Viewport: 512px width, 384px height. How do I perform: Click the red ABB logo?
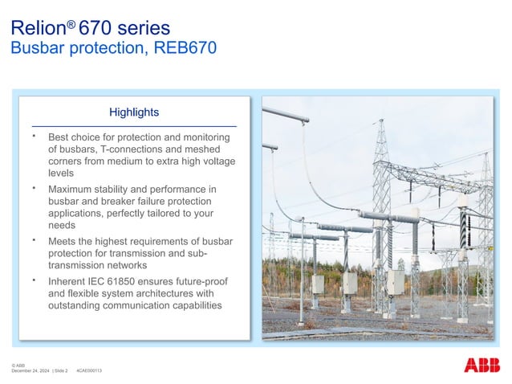pyautogui.click(x=482, y=365)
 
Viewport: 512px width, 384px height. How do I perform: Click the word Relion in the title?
pyautogui.click(x=37, y=29)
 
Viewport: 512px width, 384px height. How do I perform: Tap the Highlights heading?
pyautogui.click(x=134, y=112)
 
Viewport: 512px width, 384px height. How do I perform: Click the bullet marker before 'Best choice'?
pyautogui.click(x=35, y=137)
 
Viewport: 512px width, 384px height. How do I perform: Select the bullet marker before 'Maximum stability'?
pyautogui.click(x=35, y=188)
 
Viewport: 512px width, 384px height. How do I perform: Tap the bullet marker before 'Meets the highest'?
pyautogui.click(x=35, y=239)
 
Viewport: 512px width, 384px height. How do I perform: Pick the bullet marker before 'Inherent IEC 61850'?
pyautogui.click(x=35, y=280)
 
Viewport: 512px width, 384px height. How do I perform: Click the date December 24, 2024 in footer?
pyautogui.click(x=30, y=370)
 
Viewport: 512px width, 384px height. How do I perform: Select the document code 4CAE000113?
pyautogui.click(x=88, y=370)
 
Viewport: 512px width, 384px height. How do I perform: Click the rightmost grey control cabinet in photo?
pyautogui.click(x=396, y=281)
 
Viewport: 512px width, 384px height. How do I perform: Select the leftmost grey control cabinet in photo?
pyautogui.click(x=317, y=284)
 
